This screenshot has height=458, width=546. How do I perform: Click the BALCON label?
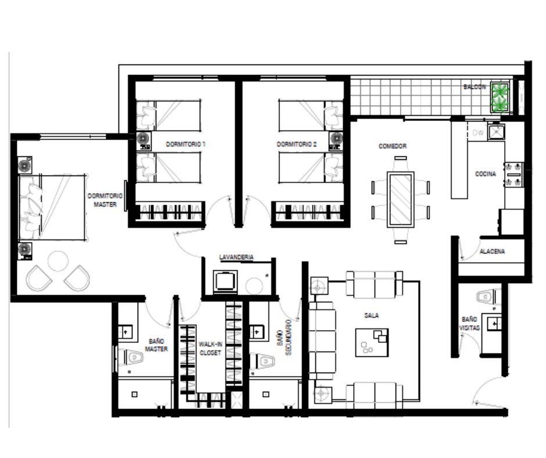tap(475, 87)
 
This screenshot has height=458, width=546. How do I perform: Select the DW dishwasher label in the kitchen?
tap(478, 133)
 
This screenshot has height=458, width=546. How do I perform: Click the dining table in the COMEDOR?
tap(400, 199)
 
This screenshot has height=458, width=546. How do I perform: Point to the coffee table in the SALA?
tap(372, 342)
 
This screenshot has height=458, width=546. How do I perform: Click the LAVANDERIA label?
tap(236, 257)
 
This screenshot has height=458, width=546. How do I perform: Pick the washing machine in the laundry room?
tap(225, 281)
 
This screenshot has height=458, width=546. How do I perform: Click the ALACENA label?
tap(492, 251)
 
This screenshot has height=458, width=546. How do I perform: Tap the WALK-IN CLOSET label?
tap(210, 349)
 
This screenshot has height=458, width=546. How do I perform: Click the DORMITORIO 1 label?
tap(185, 144)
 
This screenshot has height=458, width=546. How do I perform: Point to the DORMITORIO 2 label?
tap(296, 144)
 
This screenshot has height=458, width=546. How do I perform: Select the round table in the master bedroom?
tap(58, 261)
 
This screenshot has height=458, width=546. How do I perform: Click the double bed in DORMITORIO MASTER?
tap(52, 207)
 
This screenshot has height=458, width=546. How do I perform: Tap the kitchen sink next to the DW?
tap(496, 131)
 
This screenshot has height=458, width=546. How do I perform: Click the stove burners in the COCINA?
tap(513, 174)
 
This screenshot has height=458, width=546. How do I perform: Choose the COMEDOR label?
tap(393, 146)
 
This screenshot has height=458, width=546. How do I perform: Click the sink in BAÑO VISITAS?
tap(494, 324)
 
